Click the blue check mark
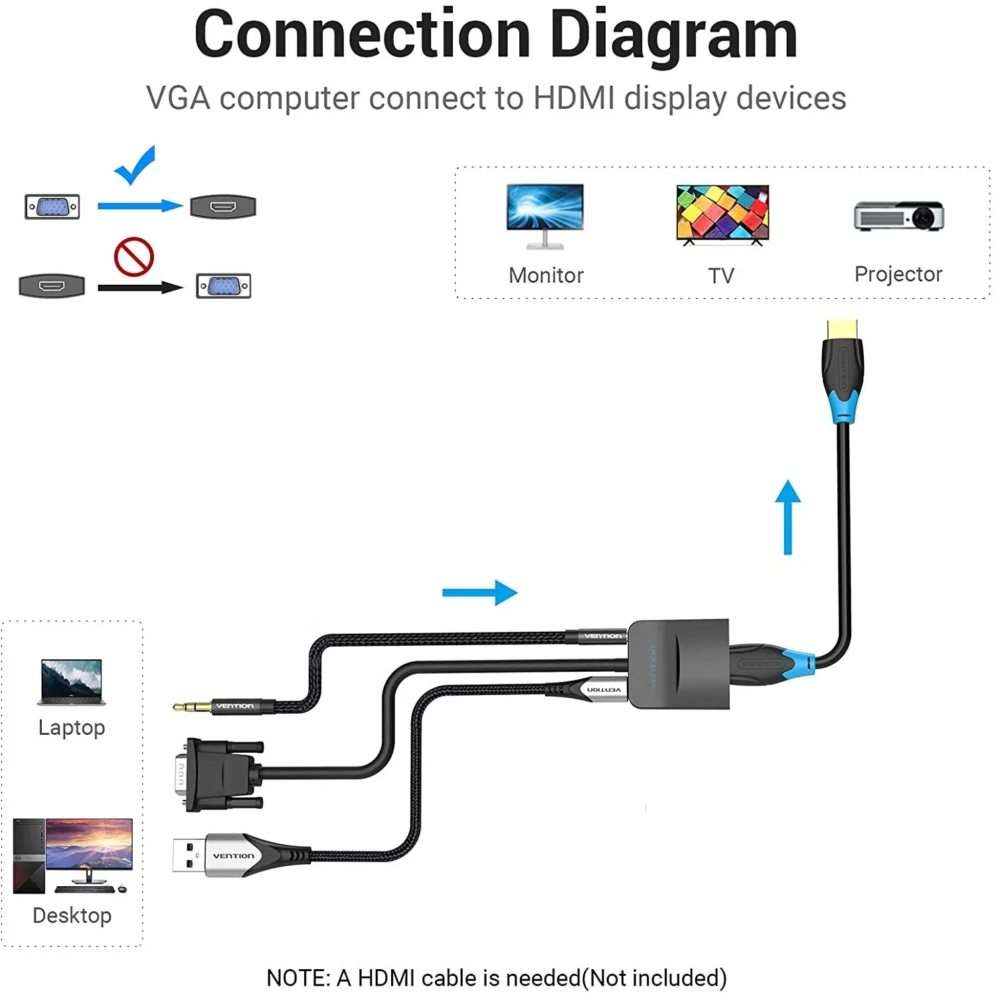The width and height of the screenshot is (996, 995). point(135,165)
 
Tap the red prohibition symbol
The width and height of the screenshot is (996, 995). point(133,257)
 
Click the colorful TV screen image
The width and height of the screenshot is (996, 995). point(722,213)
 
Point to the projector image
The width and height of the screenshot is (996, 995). point(898,216)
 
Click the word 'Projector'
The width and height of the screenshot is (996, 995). point(898,274)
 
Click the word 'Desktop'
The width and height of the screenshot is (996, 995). point(72,915)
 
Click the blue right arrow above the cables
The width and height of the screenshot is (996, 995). point(479,593)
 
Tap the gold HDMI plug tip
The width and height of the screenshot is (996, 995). point(842,329)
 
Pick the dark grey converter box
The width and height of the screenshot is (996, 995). point(679,664)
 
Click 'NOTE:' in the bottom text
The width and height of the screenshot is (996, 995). point(297,978)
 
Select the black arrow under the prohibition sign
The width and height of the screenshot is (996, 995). point(140,287)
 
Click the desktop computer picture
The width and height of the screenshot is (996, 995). point(73,856)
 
